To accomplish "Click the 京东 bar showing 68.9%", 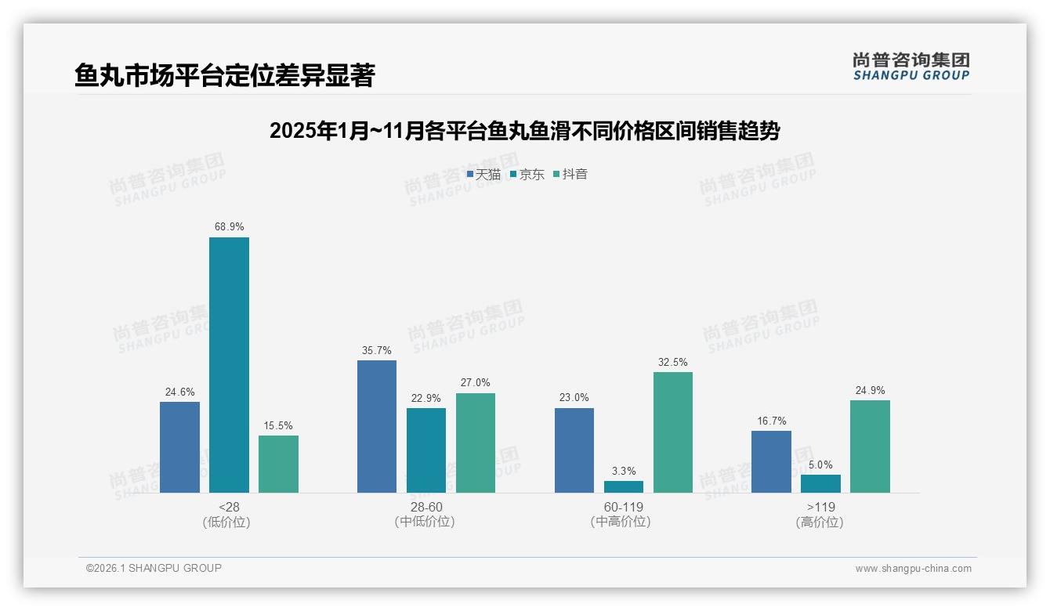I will click(x=229, y=365).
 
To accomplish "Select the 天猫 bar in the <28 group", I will click(x=179, y=447).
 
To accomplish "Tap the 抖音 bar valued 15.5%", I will click(x=278, y=464).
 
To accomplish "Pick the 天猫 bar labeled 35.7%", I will click(x=377, y=427).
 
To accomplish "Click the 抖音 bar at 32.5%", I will click(x=673, y=432).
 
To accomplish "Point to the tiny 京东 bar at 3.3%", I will click(x=624, y=486).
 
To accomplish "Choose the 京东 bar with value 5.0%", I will click(x=820, y=483).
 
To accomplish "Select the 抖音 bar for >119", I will click(x=870, y=446).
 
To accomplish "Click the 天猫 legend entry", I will click(x=483, y=174).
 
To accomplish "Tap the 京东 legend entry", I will click(x=527, y=174).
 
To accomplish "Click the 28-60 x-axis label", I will click(x=425, y=507).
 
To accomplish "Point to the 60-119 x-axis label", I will click(x=624, y=507).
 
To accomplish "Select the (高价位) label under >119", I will click(x=820, y=522).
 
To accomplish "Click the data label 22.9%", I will click(x=425, y=398).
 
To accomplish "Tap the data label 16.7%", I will click(x=771, y=421).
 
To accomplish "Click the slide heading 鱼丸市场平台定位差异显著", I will click(x=225, y=75).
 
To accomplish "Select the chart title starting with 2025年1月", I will click(x=524, y=131).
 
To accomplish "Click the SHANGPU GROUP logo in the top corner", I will click(x=911, y=67).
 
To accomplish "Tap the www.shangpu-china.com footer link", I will click(x=913, y=568).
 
